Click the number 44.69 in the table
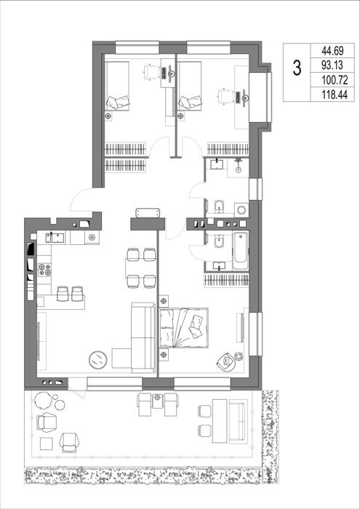tap(332, 51)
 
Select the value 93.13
tap(332, 65)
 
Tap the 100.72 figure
tap(332, 80)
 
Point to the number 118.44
tap(332, 95)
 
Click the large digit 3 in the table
tap(297, 69)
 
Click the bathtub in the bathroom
tap(241, 250)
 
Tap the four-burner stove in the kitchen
tap(45, 270)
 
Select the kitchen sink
tap(55, 238)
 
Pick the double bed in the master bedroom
tap(184, 328)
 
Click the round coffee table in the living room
tap(98, 360)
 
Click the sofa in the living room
tap(143, 337)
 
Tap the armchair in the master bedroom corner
tap(226, 361)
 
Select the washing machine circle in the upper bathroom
tap(241, 209)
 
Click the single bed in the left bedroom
tap(117, 86)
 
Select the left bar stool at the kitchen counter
tap(63, 294)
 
